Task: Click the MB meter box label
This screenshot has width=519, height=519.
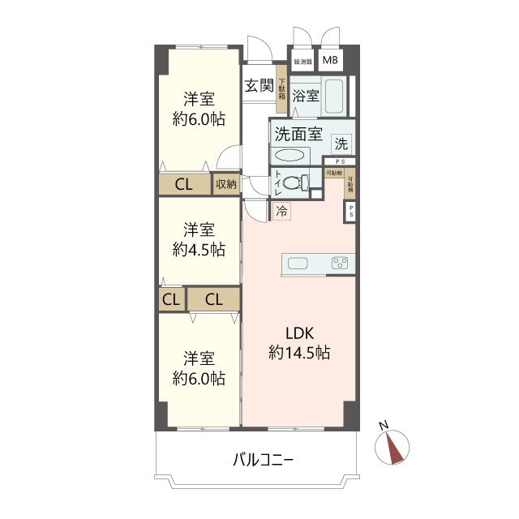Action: coord(331,61)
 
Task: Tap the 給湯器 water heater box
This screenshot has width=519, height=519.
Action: coord(302,61)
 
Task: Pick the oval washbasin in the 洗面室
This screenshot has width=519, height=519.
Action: coord(291,155)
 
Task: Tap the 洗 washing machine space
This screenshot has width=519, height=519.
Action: coord(342,144)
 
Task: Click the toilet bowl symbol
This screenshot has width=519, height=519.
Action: coord(299,182)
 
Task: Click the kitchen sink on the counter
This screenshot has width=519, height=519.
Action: coord(297,263)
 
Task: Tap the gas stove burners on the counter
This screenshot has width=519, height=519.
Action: coord(340,263)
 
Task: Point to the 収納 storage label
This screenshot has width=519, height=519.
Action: coord(226,185)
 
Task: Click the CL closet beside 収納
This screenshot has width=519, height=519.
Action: coord(184,185)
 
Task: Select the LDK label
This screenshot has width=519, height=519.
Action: coord(298,332)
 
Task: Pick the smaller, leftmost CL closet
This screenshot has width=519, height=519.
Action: coord(171,299)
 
